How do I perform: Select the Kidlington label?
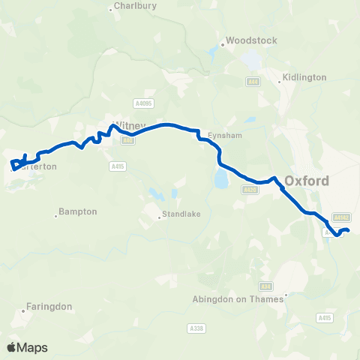[x=304, y=77]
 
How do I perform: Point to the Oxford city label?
[x=307, y=181]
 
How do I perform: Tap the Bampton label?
[x=79, y=211]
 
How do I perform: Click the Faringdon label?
[x=49, y=306]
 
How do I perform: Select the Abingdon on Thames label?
[x=236, y=298]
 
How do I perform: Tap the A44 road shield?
[x=254, y=82]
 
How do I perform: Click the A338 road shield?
[x=195, y=328]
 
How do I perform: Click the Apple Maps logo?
[x=27, y=347]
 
